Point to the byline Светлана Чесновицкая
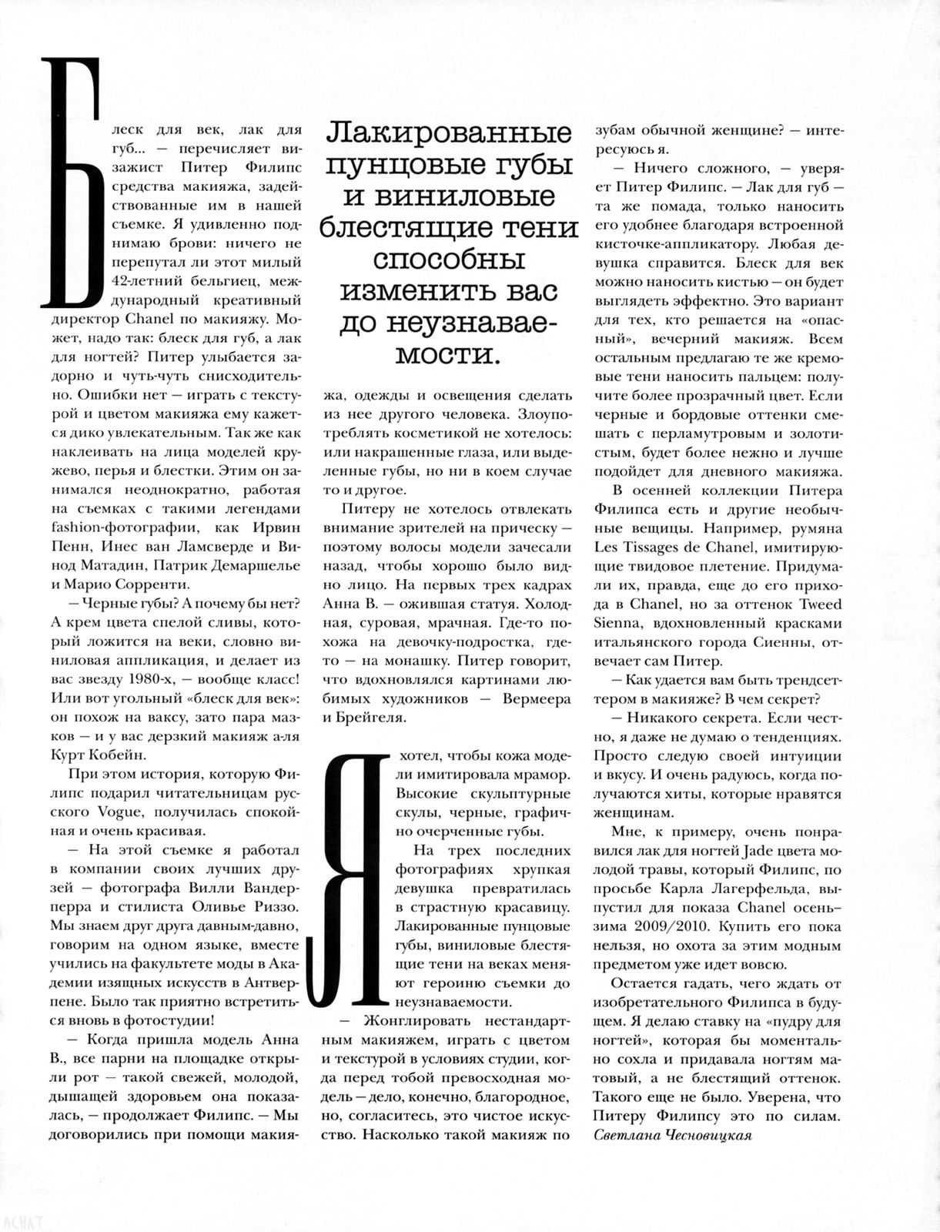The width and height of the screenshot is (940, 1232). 673,1135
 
